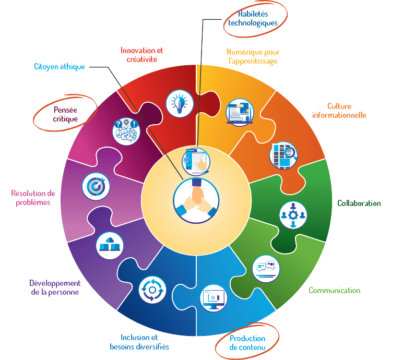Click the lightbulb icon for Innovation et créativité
coord(180,103)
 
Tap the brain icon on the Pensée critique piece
coord(126,131)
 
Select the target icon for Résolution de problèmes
coord(96,186)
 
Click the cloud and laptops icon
coord(110,244)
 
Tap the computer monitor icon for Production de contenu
coord(215,298)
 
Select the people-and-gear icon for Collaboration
coord(293,214)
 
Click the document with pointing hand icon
coord(195,161)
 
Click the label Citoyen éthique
coord(59,67)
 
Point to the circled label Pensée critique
coord(66,114)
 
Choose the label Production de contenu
coord(247,343)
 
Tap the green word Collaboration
coord(359,203)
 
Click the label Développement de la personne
coord(54,287)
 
